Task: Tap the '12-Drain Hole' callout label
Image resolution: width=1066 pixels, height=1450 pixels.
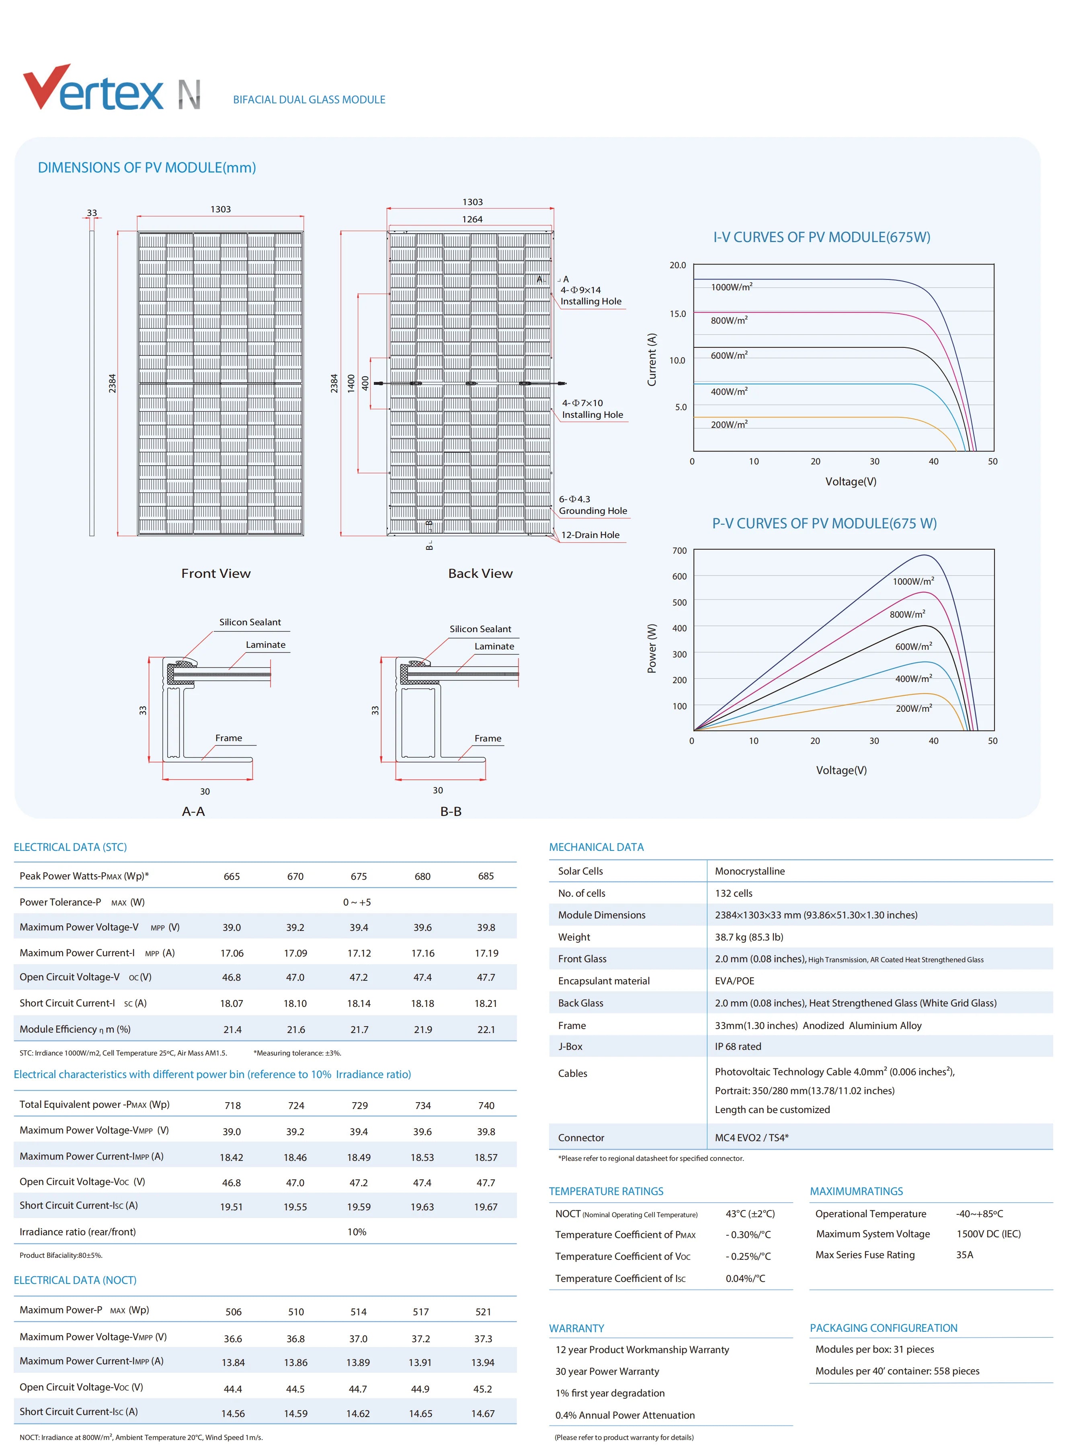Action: (x=590, y=534)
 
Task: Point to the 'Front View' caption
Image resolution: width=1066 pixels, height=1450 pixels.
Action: (x=215, y=573)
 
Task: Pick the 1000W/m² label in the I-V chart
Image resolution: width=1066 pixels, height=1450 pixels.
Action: (x=731, y=287)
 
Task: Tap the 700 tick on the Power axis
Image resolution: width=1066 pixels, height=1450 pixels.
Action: (x=679, y=551)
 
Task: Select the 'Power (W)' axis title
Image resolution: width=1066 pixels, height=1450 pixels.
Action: (x=652, y=648)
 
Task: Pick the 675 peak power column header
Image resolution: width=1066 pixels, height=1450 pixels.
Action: (x=359, y=877)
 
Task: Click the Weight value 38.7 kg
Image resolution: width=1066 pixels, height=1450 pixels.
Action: (x=748, y=937)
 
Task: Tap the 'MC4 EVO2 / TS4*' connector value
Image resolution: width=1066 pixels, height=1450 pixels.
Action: (x=751, y=1138)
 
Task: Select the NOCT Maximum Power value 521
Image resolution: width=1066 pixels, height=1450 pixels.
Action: (x=483, y=1312)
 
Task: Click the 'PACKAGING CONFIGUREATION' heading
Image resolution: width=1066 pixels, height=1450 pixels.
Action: (x=884, y=1328)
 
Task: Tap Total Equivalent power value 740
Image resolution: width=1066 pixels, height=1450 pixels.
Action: (x=486, y=1105)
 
